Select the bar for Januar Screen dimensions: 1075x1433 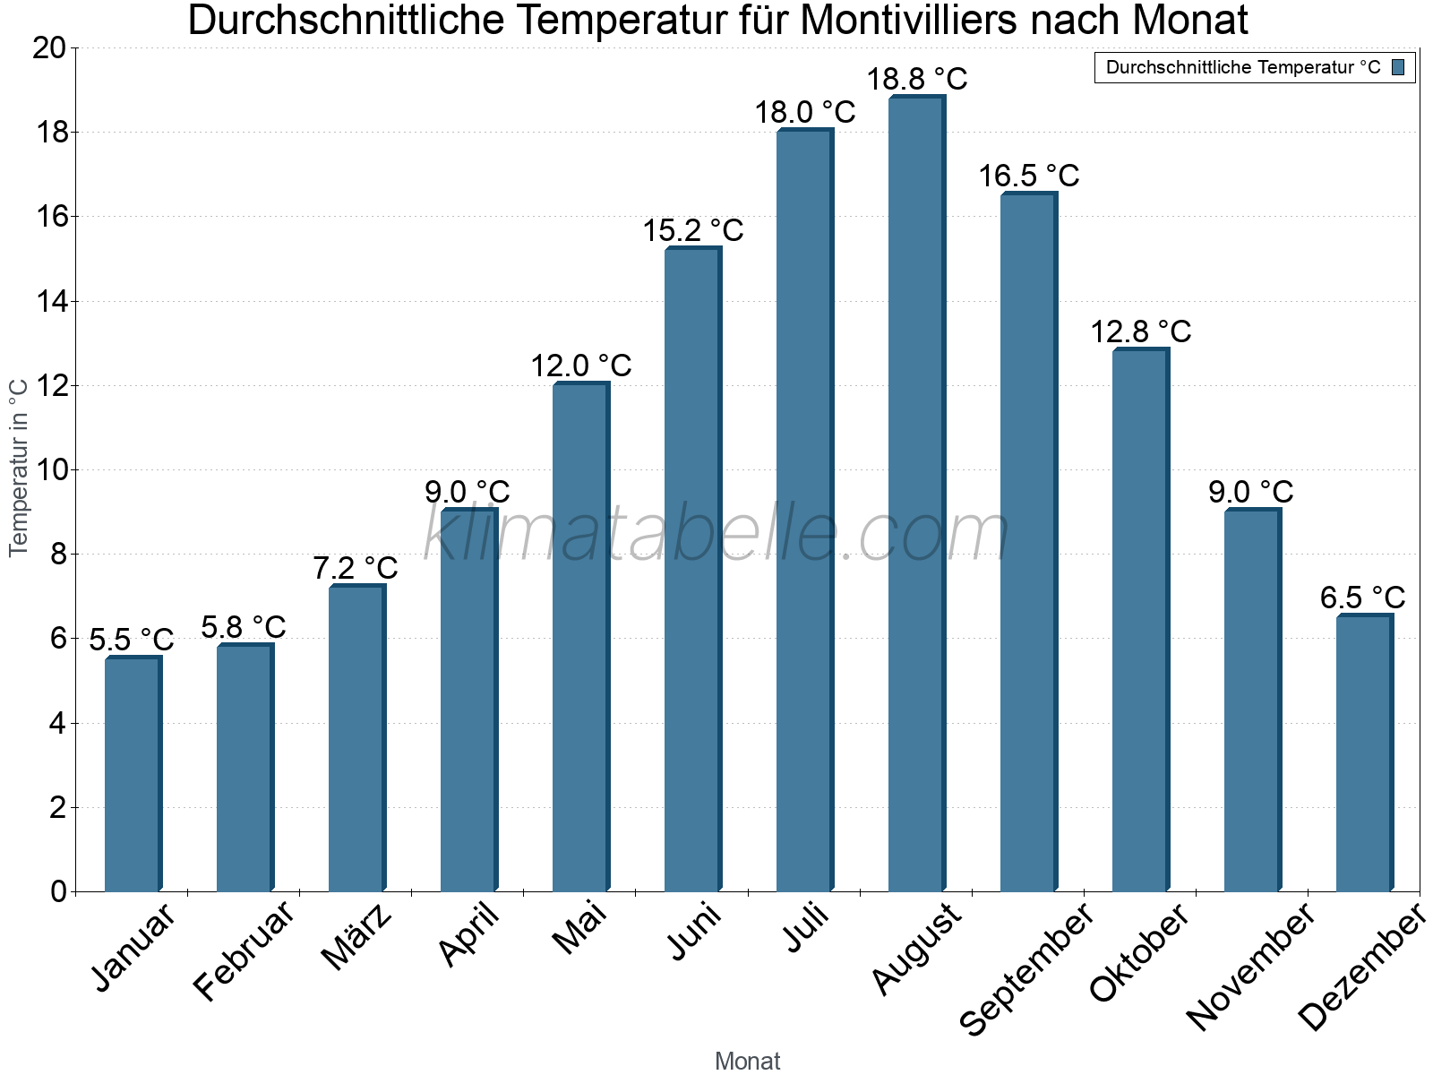tap(133, 775)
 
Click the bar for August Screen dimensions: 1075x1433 tap(916, 494)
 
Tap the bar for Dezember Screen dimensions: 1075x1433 tap(1364, 753)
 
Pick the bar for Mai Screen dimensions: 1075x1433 tap(580, 638)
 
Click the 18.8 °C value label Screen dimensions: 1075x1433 tap(916, 79)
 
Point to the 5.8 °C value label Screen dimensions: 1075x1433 tap(243, 627)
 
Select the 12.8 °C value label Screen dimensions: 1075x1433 tap(1140, 331)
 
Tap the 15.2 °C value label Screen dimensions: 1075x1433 tap(692, 230)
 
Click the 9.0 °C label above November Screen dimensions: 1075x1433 tap(1250, 492)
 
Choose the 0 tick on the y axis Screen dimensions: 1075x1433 tap(59, 891)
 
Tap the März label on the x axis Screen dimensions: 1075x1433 tap(356, 936)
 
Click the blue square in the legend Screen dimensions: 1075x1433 tap(1398, 67)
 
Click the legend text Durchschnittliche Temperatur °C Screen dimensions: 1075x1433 tap(1243, 67)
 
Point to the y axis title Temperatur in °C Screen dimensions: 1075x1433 tap(19, 467)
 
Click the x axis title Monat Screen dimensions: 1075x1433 tap(747, 1061)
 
